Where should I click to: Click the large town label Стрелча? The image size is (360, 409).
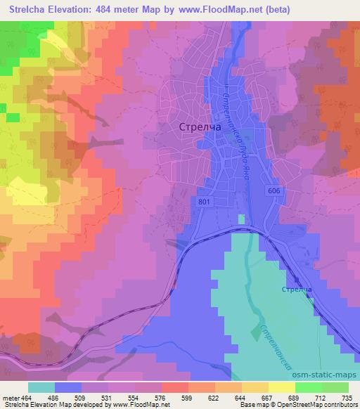coord(192,127)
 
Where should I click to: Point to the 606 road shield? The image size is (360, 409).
coord(274,190)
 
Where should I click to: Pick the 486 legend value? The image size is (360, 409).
coord(56,398)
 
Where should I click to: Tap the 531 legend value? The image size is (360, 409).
coord(108,398)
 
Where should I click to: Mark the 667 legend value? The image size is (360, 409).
coord(266,398)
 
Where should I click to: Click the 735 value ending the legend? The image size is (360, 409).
coord(346,398)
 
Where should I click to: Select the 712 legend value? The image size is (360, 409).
coord(320,398)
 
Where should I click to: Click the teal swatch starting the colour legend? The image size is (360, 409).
coord(41,387)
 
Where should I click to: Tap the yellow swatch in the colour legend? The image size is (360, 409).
coord(282,387)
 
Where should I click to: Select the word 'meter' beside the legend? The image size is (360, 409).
coord(10,398)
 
